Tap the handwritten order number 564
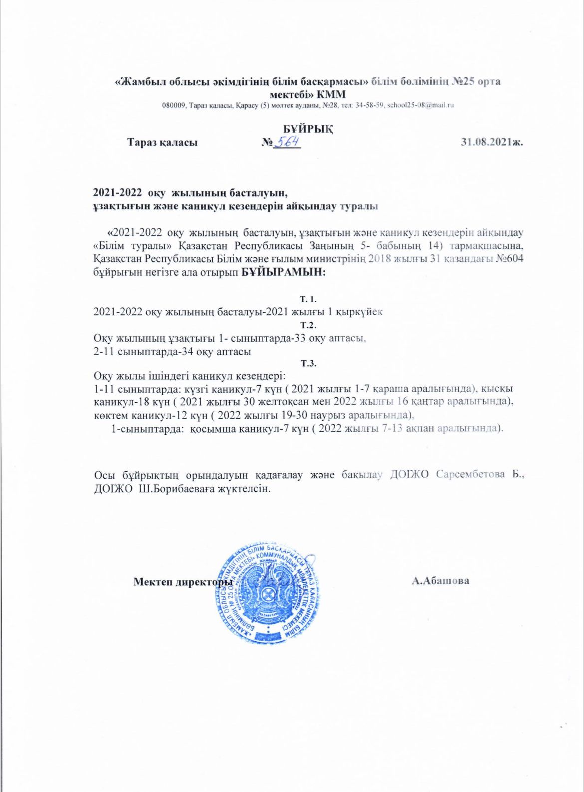coord(289,142)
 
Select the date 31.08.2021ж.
coord(492,142)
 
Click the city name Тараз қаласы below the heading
coord(162,142)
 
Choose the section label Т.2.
coord(308,325)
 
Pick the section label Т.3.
coord(308,363)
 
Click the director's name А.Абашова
coord(440,581)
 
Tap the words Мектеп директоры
coord(183,582)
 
